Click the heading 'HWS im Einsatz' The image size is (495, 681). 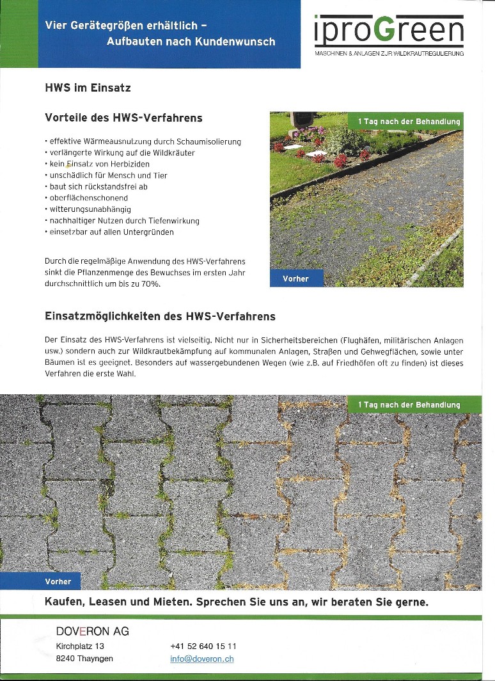point(88,88)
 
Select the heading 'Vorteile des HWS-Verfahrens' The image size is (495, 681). point(123,118)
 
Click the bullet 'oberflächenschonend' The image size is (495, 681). point(88,198)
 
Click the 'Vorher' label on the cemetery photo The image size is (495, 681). point(296,279)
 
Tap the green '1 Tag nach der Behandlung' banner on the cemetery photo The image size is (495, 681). point(409,121)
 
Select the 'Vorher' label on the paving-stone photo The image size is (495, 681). point(58,581)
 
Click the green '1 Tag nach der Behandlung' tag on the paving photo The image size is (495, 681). point(409,405)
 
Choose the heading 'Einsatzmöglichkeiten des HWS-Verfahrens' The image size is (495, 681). point(160,317)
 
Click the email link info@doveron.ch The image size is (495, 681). point(201,659)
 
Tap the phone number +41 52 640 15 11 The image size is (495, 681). point(203,646)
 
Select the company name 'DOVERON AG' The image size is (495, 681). point(93,631)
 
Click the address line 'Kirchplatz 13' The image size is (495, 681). point(80,646)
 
